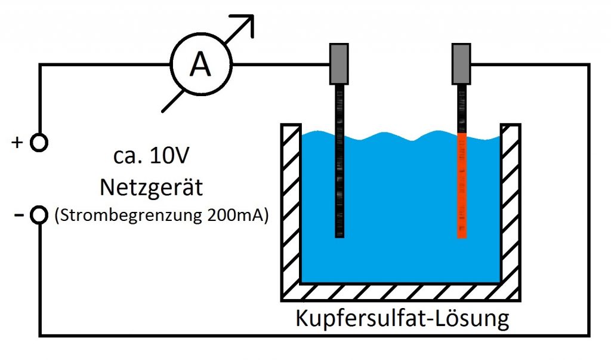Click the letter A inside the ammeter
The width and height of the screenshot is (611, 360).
[x=200, y=64]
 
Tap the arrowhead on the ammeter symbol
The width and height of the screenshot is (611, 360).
[x=244, y=25]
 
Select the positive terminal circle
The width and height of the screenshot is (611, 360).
[x=39, y=142]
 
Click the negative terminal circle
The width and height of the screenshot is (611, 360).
[x=39, y=215]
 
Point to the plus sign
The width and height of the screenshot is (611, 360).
[x=17, y=142]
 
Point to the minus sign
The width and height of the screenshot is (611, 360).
[x=18, y=214]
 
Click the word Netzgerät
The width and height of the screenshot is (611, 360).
[x=151, y=187]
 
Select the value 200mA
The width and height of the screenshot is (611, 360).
[x=235, y=215]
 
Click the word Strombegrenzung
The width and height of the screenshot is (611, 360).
[x=131, y=216]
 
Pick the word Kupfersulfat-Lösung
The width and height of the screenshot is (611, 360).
[x=402, y=318]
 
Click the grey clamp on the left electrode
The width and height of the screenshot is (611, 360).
[x=339, y=64]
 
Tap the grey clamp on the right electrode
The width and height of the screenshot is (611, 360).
[x=461, y=64]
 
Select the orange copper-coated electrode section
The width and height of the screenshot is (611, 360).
[x=462, y=186]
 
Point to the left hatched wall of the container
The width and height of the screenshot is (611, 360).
[x=291, y=203]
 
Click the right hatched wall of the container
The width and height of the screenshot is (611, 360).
[x=511, y=203]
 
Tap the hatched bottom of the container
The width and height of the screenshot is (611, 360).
[x=401, y=292]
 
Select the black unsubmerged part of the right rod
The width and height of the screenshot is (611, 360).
[x=462, y=109]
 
